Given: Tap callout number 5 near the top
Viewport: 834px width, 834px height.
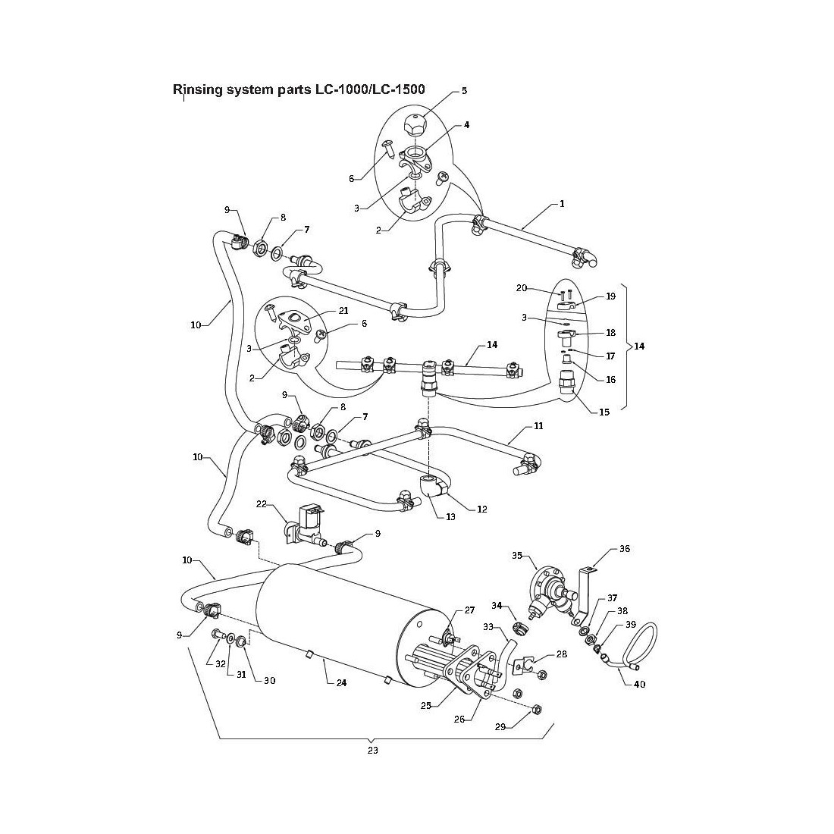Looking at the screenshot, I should coord(464,91).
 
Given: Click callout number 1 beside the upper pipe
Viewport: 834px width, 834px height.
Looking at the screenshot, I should coord(562,204).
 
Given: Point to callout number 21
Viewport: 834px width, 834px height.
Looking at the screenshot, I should coord(343,312).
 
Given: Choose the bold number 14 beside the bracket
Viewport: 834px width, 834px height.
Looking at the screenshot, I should coord(639,346).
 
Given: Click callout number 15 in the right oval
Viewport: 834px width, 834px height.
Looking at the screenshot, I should coord(604,412).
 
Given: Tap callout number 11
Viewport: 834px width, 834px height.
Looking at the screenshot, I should coord(538,427).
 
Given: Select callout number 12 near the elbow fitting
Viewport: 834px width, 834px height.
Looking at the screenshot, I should coord(481,509).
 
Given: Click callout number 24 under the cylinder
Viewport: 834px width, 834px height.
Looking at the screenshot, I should coord(341,682).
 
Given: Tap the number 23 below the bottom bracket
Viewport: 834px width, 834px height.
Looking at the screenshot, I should coord(372,751).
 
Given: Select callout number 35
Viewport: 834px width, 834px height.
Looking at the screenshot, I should coord(518,556).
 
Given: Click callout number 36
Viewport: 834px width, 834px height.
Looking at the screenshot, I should coord(625,548).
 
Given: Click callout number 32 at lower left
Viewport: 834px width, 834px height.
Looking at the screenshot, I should coord(221,663).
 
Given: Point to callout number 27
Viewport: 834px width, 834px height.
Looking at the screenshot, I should coord(469,610).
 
